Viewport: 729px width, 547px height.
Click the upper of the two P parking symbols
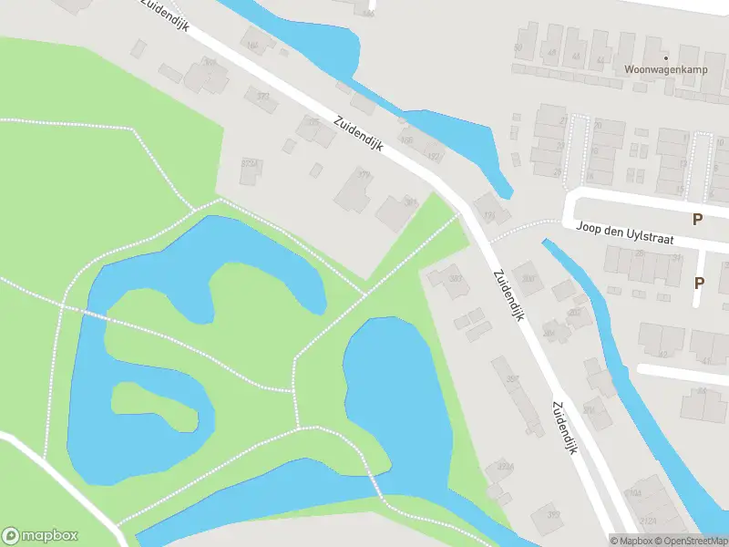click(x=698, y=219)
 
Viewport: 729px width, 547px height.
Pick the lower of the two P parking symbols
click(x=699, y=283)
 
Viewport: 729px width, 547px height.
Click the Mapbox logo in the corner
click(x=40, y=535)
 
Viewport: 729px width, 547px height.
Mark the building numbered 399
click(x=546, y=516)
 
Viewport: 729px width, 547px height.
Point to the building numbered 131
click(x=491, y=211)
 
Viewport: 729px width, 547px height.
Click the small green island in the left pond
click(x=154, y=407)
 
